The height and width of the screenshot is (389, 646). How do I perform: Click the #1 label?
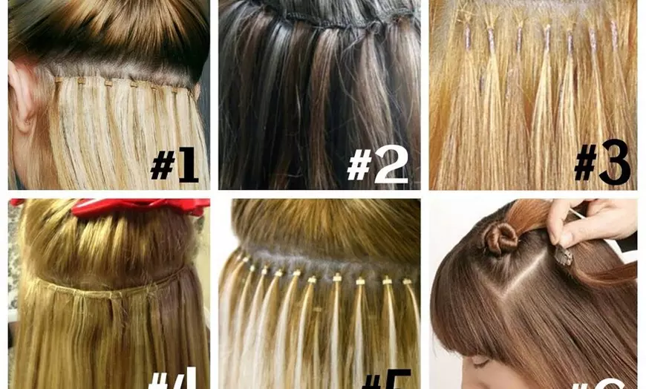click(x=174, y=164)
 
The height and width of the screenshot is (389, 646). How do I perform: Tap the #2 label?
click(x=377, y=164)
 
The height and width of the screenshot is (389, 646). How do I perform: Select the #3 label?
click(x=601, y=163)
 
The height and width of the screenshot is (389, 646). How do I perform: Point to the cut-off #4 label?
click(x=172, y=380)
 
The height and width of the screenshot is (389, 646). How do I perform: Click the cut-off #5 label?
click(x=385, y=381)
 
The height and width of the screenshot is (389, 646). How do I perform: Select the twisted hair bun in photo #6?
click(x=500, y=238)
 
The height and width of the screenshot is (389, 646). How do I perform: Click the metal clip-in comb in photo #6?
click(x=564, y=256)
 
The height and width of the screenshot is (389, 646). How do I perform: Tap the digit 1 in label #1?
click(x=186, y=164)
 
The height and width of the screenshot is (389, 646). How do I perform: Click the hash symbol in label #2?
click(x=359, y=165)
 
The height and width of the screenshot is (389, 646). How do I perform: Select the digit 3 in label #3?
click(x=615, y=163)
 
